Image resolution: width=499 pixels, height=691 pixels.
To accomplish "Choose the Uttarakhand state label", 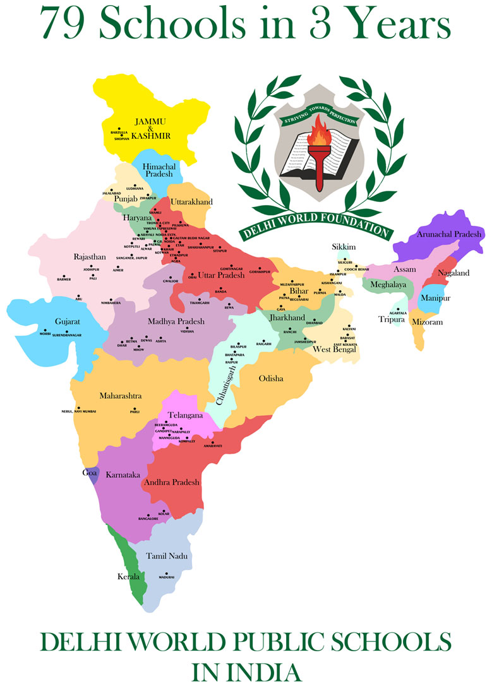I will pos(191,201).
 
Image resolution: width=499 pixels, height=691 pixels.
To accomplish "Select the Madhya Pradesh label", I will pos(176,321).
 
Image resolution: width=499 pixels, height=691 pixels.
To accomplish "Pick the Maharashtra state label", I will pos(120,396).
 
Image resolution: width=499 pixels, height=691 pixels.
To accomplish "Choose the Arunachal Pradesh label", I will pos(449,233).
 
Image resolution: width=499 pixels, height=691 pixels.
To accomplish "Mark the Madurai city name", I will pos(166,577).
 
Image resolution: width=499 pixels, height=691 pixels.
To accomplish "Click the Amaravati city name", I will pos(213,446).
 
